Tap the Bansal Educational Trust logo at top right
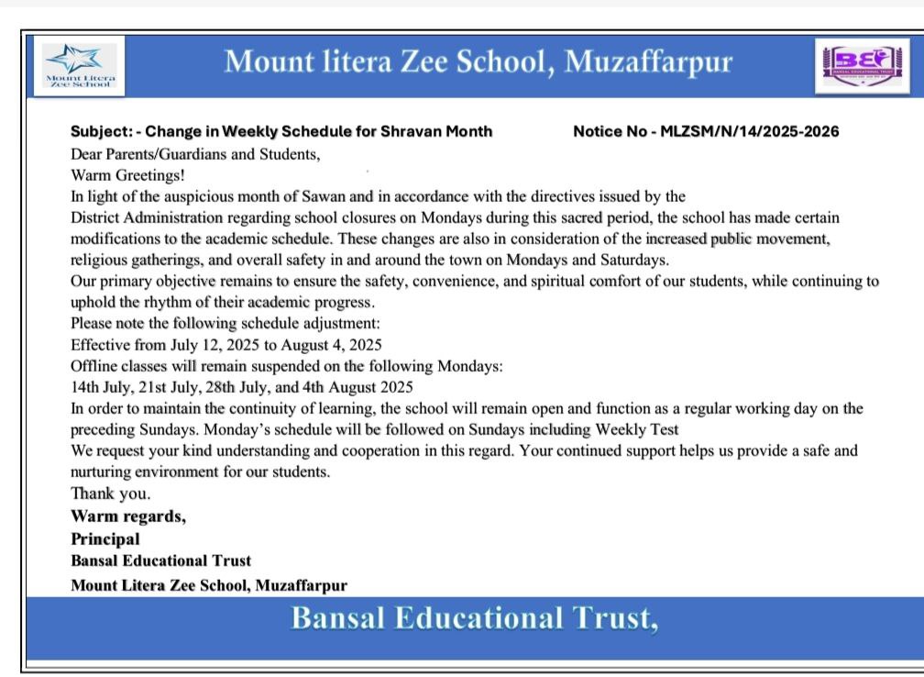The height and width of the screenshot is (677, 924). tap(852, 64)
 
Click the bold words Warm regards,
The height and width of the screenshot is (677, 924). tap(128, 516)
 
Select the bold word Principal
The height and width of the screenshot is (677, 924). tap(105, 538)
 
